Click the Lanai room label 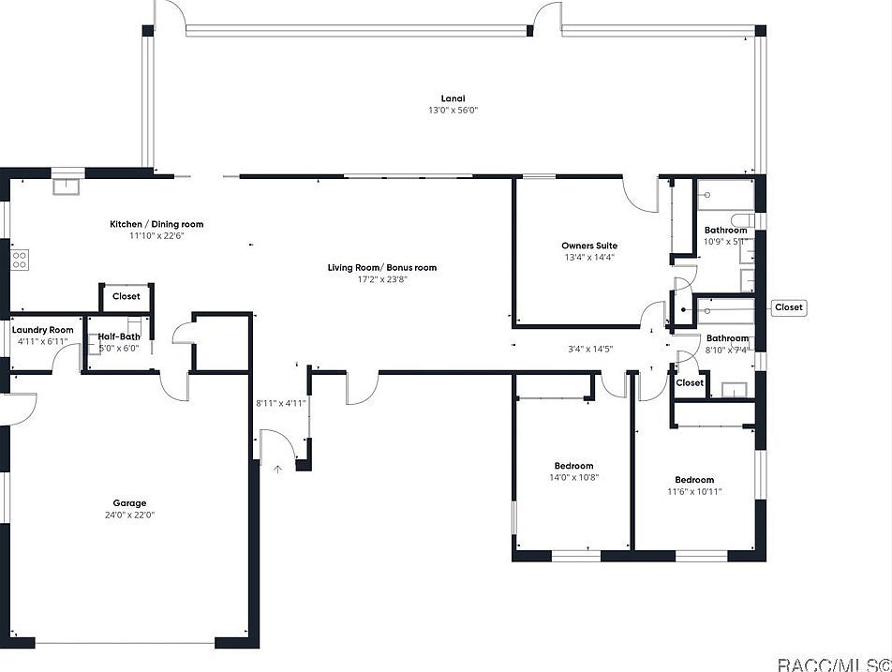pyautogui.click(x=453, y=98)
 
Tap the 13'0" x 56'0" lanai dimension pyautogui.click(x=453, y=111)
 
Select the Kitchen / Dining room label pyautogui.click(x=156, y=224)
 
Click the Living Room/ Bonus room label pyautogui.click(x=381, y=268)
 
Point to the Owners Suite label pyautogui.click(x=589, y=246)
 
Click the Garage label pyautogui.click(x=129, y=503)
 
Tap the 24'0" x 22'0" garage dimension pyautogui.click(x=129, y=515)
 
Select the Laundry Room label pyautogui.click(x=42, y=330)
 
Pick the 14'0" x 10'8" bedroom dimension pyautogui.click(x=573, y=478)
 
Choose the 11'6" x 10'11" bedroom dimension pyautogui.click(x=694, y=492)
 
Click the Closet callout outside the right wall pyautogui.click(x=788, y=307)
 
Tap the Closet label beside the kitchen pyautogui.click(x=126, y=296)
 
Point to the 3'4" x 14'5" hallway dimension pyautogui.click(x=590, y=350)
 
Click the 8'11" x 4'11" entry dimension pyautogui.click(x=281, y=404)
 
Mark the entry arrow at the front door pyautogui.click(x=277, y=469)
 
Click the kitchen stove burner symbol pyautogui.click(x=19, y=260)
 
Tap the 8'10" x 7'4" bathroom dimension pyautogui.click(x=727, y=351)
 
